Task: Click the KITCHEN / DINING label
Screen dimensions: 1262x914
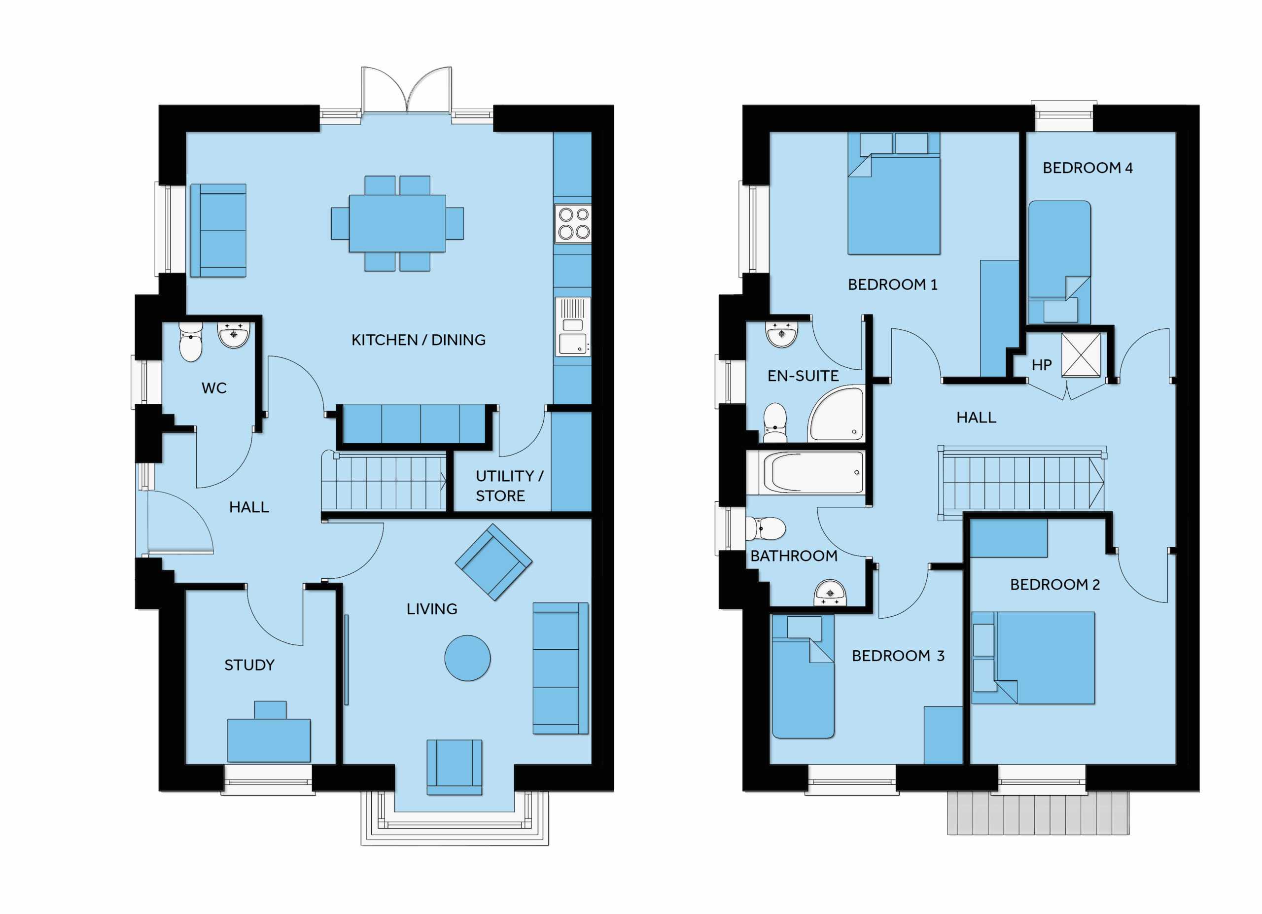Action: click(419, 340)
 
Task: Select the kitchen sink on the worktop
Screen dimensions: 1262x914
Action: click(572, 326)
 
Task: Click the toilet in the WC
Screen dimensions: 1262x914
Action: click(190, 342)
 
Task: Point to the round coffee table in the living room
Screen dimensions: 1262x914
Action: click(467, 658)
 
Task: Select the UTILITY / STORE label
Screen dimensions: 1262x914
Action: click(509, 486)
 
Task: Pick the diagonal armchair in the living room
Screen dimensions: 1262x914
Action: click(493, 562)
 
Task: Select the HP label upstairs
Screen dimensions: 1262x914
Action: click(1042, 365)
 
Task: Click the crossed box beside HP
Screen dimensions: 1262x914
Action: click(1081, 355)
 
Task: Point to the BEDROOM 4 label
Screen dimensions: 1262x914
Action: click(1088, 168)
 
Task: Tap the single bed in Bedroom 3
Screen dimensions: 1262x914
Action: click(803, 676)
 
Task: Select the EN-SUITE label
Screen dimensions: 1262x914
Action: click(803, 376)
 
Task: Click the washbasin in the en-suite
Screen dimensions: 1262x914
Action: click(782, 333)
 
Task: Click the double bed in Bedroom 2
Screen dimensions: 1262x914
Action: click(1033, 658)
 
